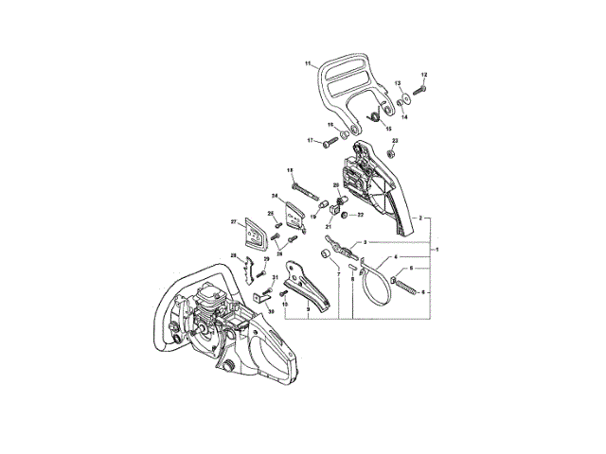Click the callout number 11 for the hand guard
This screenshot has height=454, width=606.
[x=308, y=64]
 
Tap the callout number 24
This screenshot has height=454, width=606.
[x=275, y=196]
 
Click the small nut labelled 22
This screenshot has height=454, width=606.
[x=346, y=216]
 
